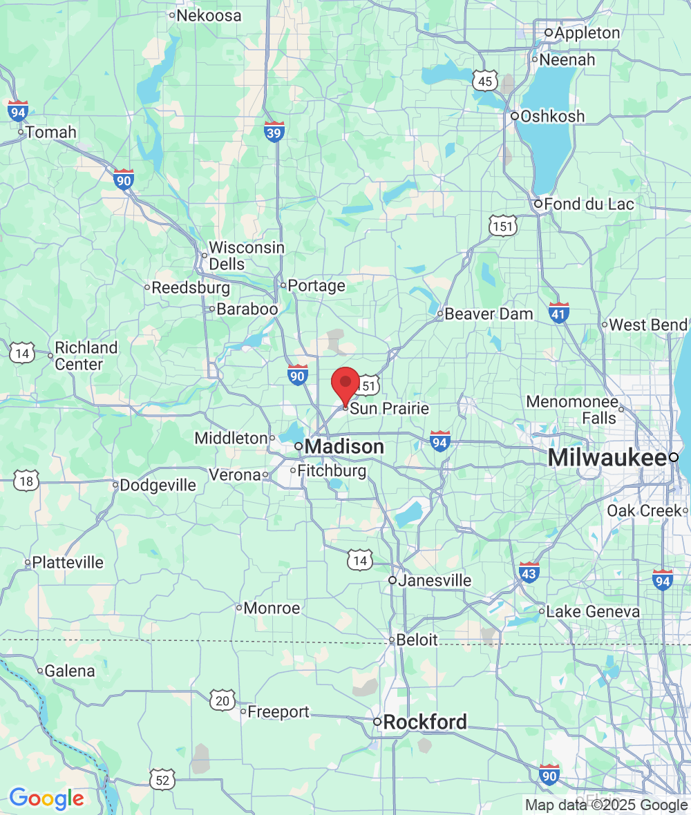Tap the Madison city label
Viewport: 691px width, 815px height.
click(343, 447)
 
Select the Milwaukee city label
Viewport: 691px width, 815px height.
click(607, 457)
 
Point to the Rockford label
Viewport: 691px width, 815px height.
click(424, 722)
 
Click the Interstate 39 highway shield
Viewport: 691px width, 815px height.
click(274, 132)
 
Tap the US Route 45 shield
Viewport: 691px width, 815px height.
click(485, 81)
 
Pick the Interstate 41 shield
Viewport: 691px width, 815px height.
click(559, 313)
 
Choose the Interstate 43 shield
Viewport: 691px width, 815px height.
click(529, 572)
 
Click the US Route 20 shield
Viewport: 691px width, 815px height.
click(223, 699)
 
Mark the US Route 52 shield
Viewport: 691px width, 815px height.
click(162, 780)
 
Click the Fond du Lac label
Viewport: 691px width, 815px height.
click(589, 204)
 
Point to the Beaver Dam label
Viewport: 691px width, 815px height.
click(489, 314)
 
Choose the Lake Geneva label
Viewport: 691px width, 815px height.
click(593, 611)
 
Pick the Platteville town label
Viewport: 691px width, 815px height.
click(68, 562)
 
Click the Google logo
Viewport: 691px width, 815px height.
click(46, 798)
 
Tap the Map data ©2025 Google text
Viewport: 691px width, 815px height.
click(606, 805)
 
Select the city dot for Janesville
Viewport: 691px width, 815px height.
click(392, 580)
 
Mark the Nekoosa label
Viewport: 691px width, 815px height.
click(209, 15)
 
